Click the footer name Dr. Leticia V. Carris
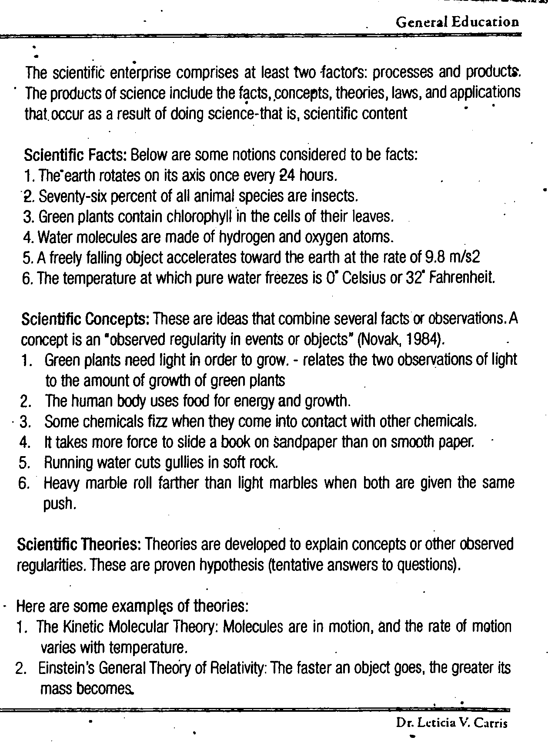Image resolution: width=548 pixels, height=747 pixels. click(x=452, y=723)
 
